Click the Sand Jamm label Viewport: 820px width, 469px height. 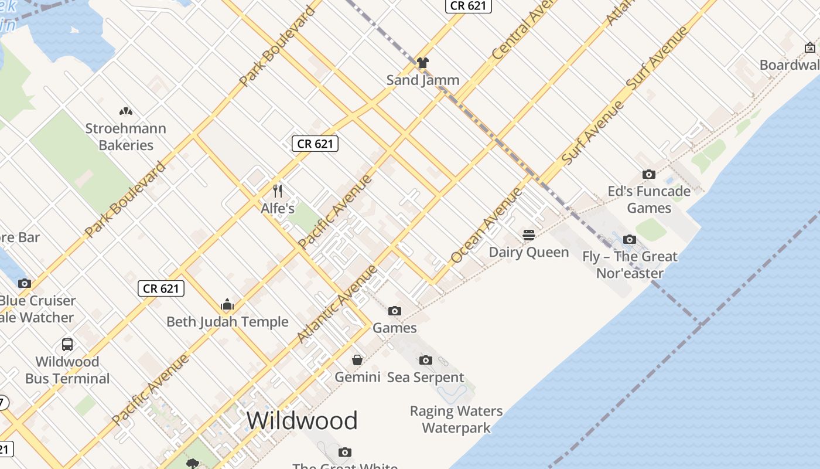[x=423, y=80]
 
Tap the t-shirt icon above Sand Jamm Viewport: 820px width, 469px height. [x=423, y=62]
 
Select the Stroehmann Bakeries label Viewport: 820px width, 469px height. [x=125, y=137]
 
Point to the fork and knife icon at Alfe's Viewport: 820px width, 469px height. [x=278, y=191]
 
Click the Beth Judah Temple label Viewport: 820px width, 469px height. [x=227, y=322]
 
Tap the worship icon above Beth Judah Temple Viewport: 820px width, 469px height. [x=227, y=304]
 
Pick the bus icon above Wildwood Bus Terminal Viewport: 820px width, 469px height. [x=67, y=344]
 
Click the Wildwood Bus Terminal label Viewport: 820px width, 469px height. [x=67, y=370]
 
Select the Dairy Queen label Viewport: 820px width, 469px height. [x=529, y=252]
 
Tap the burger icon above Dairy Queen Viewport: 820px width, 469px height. [x=529, y=235]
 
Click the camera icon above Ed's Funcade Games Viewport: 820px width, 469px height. [x=649, y=174]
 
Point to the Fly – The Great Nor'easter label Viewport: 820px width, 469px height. [x=630, y=264]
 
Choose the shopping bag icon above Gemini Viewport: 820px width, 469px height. [x=357, y=359]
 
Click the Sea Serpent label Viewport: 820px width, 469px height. [x=426, y=377]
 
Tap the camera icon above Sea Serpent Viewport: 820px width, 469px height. [x=426, y=360]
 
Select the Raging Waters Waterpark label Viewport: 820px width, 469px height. [x=456, y=419]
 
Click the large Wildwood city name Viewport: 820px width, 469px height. [x=302, y=421]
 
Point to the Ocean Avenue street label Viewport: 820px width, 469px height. [x=486, y=226]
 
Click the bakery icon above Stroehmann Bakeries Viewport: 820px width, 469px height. [x=125, y=111]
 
